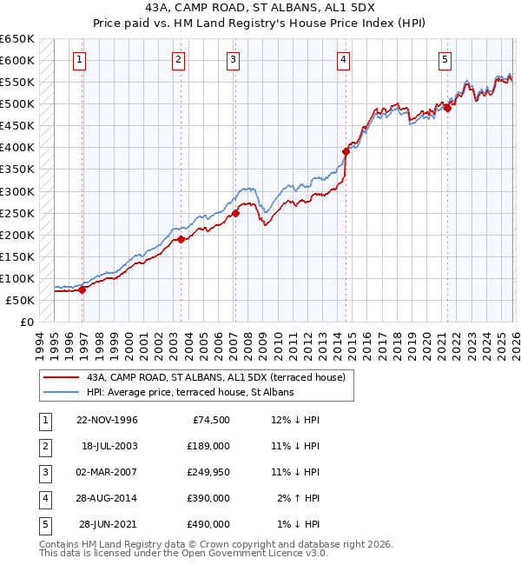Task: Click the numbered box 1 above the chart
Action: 79,60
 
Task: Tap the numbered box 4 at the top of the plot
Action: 344,60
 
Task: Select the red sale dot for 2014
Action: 346,151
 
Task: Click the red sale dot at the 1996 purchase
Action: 82,290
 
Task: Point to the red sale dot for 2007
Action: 235,213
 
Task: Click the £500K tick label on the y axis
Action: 17,104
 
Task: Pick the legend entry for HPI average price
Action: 189,392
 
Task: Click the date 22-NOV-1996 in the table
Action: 107,420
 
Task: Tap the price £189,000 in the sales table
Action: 208,446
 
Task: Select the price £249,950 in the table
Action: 208,472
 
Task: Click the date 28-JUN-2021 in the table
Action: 108,524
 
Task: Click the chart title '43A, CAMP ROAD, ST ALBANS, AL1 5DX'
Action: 260,9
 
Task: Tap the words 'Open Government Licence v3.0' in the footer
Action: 252,553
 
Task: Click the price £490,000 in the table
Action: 208,524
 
